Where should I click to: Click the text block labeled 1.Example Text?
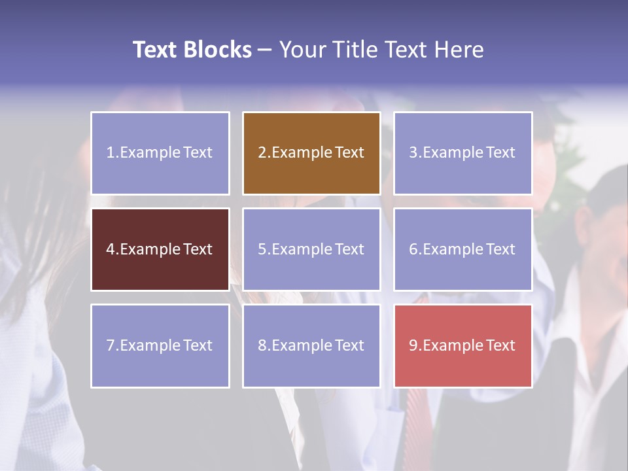coord(160,153)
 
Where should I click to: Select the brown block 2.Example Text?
coord(311,153)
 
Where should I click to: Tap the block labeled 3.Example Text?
coord(462,153)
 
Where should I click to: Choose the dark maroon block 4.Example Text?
coord(160,249)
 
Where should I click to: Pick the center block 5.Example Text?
coord(311,249)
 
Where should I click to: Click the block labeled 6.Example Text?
coord(462,249)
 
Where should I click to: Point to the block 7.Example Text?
coord(160,345)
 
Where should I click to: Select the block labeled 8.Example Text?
coord(311,345)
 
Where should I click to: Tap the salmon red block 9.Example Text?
coord(462,345)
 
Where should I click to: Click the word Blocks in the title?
coord(217,50)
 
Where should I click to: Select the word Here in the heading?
coord(461,50)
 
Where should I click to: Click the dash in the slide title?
coord(265,50)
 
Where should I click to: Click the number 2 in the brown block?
coord(262,153)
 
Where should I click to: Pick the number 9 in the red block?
coord(413,345)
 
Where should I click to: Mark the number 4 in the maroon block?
coord(111,249)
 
